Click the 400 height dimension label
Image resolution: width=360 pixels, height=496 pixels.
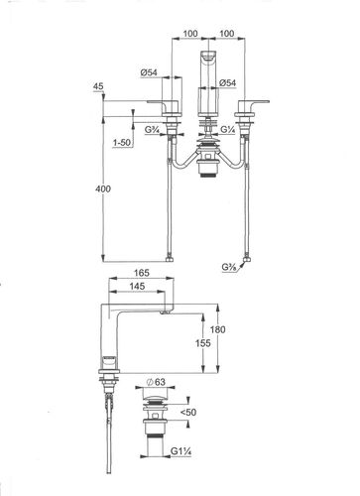[x=103, y=188]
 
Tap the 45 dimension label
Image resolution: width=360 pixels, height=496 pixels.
[x=98, y=86]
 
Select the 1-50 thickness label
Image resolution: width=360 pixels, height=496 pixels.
[x=122, y=143]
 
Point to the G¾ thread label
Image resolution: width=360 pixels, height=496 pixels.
[x=152, y=130]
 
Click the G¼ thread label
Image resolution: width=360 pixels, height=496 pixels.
[x=227, y=130]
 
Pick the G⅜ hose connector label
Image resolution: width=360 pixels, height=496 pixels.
[x=229, y=267]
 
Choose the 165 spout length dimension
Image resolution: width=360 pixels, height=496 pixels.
[x=142, y=273]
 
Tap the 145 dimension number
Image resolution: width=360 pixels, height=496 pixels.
[x=137, y=287]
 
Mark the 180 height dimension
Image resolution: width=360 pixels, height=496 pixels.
[x=217, y=329]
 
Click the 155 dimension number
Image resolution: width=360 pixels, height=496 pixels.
[x=202, y=343]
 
